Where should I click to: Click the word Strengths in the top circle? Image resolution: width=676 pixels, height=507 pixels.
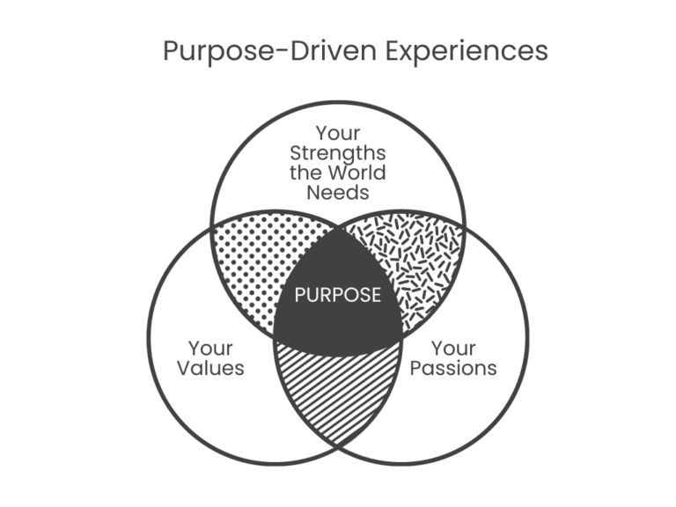click(x=338, y=152)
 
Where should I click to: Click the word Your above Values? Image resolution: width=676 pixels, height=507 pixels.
click(x=210, y=347)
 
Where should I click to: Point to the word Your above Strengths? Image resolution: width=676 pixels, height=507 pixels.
click(x=338, y=133)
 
